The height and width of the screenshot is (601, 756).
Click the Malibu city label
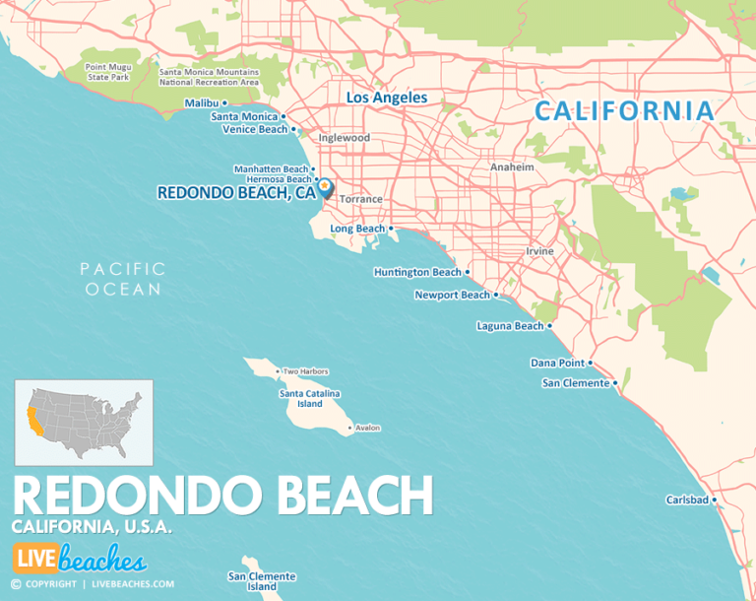pyautogui.click(x=203, y=102)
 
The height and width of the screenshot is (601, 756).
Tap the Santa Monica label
pyautogui.click(x=244, y=116)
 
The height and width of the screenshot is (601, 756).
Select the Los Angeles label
pyautogui.click(x=388, y=98)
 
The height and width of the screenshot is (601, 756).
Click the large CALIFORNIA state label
pyautogui.click(x=624, y=111)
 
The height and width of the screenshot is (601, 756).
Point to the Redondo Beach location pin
pyautogui.click(x=325, y=187)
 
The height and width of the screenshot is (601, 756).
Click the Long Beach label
pyautogui.click(x=357, y=229)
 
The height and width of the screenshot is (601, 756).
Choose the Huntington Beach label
pyautogui.click(x=417, y=272)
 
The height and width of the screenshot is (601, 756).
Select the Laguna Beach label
pyautogui.click(x=509, y=326)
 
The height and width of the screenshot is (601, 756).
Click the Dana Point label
pyautogui.click(x=557, y=363)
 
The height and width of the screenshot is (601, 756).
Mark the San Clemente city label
pyautogui.click(x=576, y=383)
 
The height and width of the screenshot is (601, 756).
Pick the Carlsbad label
pyautogui.click(x=687, y=501)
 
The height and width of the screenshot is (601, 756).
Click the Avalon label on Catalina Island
pyautogui.click(x=367, y=428)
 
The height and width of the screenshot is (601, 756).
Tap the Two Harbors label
pyautogui.click(x=305, y=371)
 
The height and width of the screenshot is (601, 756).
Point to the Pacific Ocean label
pyautogui.click(x=122, y=279)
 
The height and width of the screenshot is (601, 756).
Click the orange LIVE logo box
pyautogui.click(x=33, y=559)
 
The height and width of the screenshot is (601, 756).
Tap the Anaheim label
pyautogui.click(x=512, y=167)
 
